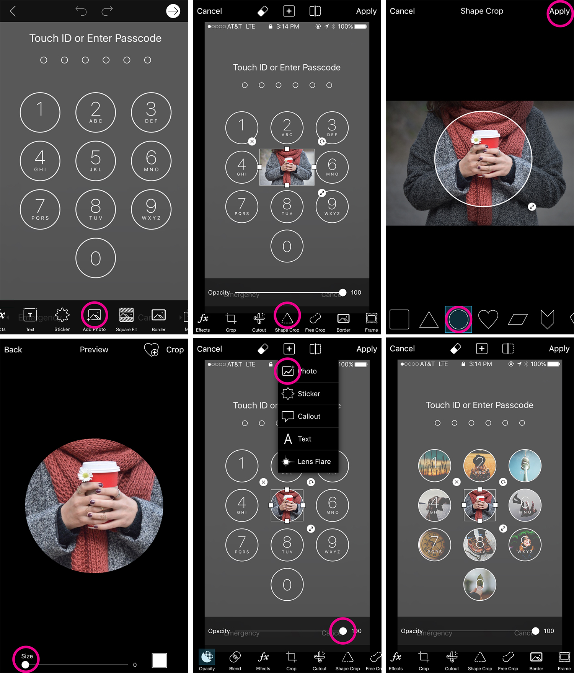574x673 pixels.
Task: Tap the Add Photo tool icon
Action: tap(94, 315)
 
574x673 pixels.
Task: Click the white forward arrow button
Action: tap(173, 11)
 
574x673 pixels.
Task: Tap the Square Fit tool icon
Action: tap(126, 315)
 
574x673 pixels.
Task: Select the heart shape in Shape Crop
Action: tap(488, 319)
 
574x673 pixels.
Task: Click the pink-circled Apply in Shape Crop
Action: tap(559, 11)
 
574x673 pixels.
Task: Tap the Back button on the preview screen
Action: tap(13, 350)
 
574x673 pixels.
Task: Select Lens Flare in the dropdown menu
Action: tap(308, 462)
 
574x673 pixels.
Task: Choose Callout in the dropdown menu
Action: tap(308, 416)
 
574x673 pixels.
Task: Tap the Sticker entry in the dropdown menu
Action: tap(308, 394)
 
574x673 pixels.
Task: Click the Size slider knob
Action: tap(25, 665)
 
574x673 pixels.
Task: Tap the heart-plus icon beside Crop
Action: tap(152, 350)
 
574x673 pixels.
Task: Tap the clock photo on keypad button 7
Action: tap(434, 545)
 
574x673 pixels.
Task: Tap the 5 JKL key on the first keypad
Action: tap(96, 161)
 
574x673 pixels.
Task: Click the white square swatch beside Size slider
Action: tap(159, 660)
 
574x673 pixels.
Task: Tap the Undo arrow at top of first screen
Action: tap(81, 11)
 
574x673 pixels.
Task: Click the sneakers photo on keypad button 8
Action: tap(479, 545)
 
